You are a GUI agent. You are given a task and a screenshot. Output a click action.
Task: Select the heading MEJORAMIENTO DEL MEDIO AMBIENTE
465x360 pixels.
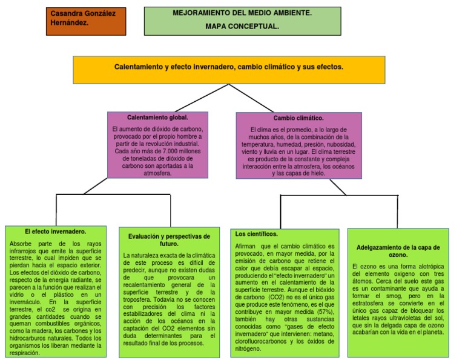[242, 13]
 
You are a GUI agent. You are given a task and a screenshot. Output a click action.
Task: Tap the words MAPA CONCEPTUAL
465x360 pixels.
[242, 27]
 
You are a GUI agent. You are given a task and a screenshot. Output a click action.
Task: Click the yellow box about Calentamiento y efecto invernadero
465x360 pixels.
[229, 69]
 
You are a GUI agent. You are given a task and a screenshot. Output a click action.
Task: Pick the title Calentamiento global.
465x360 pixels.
[157, 117]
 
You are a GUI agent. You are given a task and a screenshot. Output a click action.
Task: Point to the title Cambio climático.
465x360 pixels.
[298, 118]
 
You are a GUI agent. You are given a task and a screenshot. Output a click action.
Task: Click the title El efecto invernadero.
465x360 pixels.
[55, 232]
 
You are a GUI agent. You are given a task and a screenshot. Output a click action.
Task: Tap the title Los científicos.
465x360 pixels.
[256, 233]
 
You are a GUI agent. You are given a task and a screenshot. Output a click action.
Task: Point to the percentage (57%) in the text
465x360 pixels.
[325, 311]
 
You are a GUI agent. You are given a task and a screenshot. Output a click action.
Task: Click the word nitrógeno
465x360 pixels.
[248, 348]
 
